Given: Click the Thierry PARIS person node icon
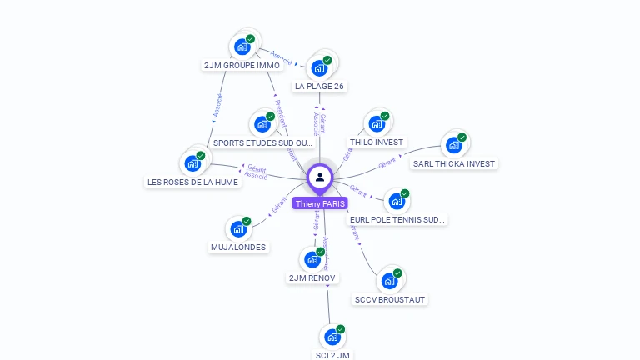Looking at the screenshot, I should pyautogui.click(x=320, y=177).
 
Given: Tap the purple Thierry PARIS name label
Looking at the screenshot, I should pyautogui.click(x=320, y=203).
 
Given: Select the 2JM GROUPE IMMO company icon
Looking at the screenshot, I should pyautogui.click(x=242, y=47).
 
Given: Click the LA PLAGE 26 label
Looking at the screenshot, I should pyautogui.click(x=319, y=86).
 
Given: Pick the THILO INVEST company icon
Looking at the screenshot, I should pyautogui.click(x=377, y=124).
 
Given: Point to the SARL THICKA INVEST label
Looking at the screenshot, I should pyautogui.click(x=454, y=164).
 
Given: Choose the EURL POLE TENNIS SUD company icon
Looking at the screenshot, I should pyautogui.click(x=397, y=202).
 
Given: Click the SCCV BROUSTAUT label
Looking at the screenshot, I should pyautogui.click(x=390, y=299).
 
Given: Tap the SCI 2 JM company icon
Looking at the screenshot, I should pyautogui.click(x=332, y=337).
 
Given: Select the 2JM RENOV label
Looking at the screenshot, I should pyautogui.click(x=312, y=277).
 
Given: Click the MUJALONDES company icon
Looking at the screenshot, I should pyautogui.click(x=239, y=229).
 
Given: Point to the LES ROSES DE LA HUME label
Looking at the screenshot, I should pyautogui.click(x=192, y=182).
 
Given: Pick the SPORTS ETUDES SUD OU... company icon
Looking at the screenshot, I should pyautogui.click(x=262, y=125).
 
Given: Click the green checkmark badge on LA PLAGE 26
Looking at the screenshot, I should pyautogui.click(x=327, y=60).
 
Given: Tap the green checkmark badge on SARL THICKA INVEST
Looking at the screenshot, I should pyautogui.click(x=462, y=137).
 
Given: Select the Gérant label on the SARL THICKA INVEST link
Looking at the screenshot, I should pyautogui.click(x=387, y=163).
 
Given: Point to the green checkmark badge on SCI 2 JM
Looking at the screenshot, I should pyautogui.click(x=341, y=329).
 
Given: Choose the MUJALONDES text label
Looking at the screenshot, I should pyautogui.click(x=238, y=247).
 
